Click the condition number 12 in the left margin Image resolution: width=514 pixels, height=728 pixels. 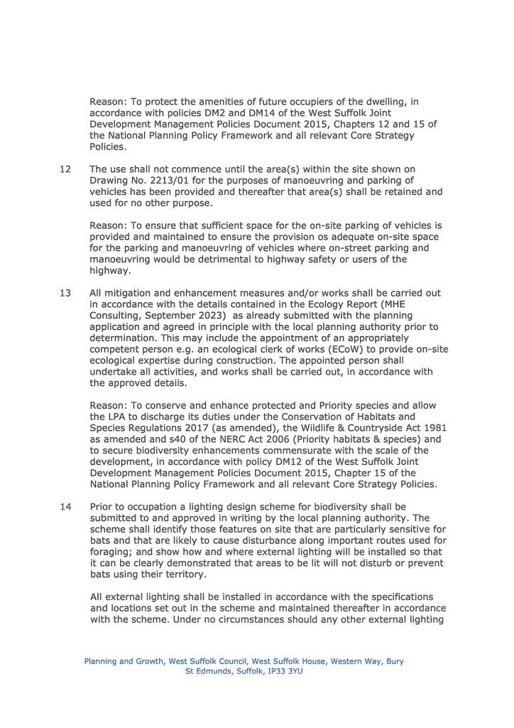point(65,168)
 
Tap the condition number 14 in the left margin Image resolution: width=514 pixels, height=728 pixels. point(65,507)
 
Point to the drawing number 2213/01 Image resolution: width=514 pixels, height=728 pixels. point(189,181)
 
